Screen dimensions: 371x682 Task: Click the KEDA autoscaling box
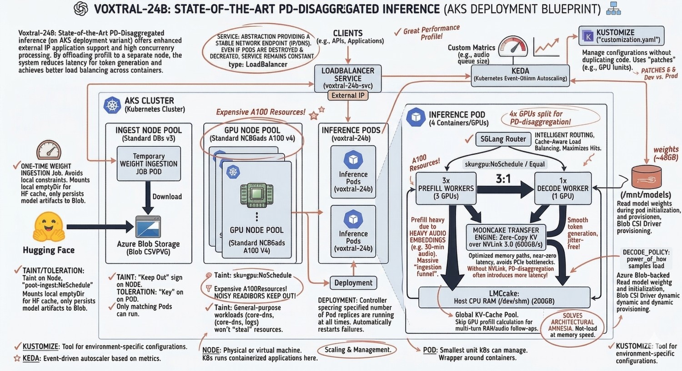coord(520,75)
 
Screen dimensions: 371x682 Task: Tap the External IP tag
coord(348,95)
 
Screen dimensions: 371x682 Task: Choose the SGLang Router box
coord(503,139)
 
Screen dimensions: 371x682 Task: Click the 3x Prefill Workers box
coord(446,188)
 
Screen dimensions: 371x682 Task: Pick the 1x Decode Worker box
coord(563,188)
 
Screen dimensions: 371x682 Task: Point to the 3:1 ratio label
coord(503,178)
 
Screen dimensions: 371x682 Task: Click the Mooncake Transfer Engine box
coord(506,237)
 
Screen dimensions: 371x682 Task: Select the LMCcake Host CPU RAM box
coord(504,297)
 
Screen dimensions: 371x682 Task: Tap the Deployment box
coord(353,283)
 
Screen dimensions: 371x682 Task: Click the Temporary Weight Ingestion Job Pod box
coord(149,163)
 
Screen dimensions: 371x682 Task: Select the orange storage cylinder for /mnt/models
coord(646,177)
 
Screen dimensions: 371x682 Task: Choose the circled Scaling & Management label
coord(358,350)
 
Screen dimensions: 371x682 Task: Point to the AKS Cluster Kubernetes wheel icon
coord(112,105)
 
